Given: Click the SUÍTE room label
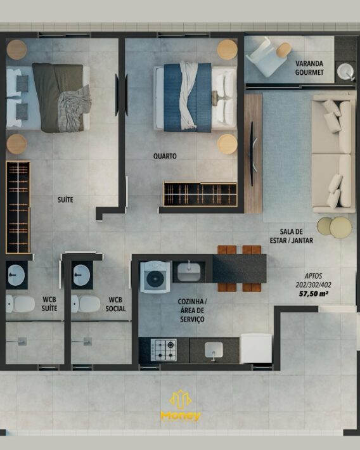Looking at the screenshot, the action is click(65, 200).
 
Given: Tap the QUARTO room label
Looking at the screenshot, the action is click(165, 156).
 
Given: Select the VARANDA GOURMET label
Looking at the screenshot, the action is click(309, 68).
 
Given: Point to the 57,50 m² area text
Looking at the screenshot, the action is click(314, 293).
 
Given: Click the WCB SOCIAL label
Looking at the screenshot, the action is click(115, 304).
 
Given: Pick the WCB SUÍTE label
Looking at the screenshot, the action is click(49, 304).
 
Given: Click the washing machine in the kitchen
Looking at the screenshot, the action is click(155, 277).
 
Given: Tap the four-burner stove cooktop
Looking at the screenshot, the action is click(164, 350).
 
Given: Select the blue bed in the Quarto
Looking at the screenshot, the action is click(195, 98).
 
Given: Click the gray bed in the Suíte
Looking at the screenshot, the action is click(48, 98).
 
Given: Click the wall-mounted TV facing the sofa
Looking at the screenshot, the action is click(253, 154).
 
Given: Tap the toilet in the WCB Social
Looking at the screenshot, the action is click(86, 304).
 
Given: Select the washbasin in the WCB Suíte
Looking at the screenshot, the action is click(16, 275).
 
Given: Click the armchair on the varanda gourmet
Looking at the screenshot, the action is click(266, 58).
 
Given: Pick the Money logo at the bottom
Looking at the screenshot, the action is click(180, 406).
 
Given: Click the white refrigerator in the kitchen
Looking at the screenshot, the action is click(256, 348).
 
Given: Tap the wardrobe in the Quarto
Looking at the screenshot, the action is click(200, 194).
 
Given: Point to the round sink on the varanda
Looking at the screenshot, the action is click(345, 71).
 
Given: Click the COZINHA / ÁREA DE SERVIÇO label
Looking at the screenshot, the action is click(192, 310).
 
